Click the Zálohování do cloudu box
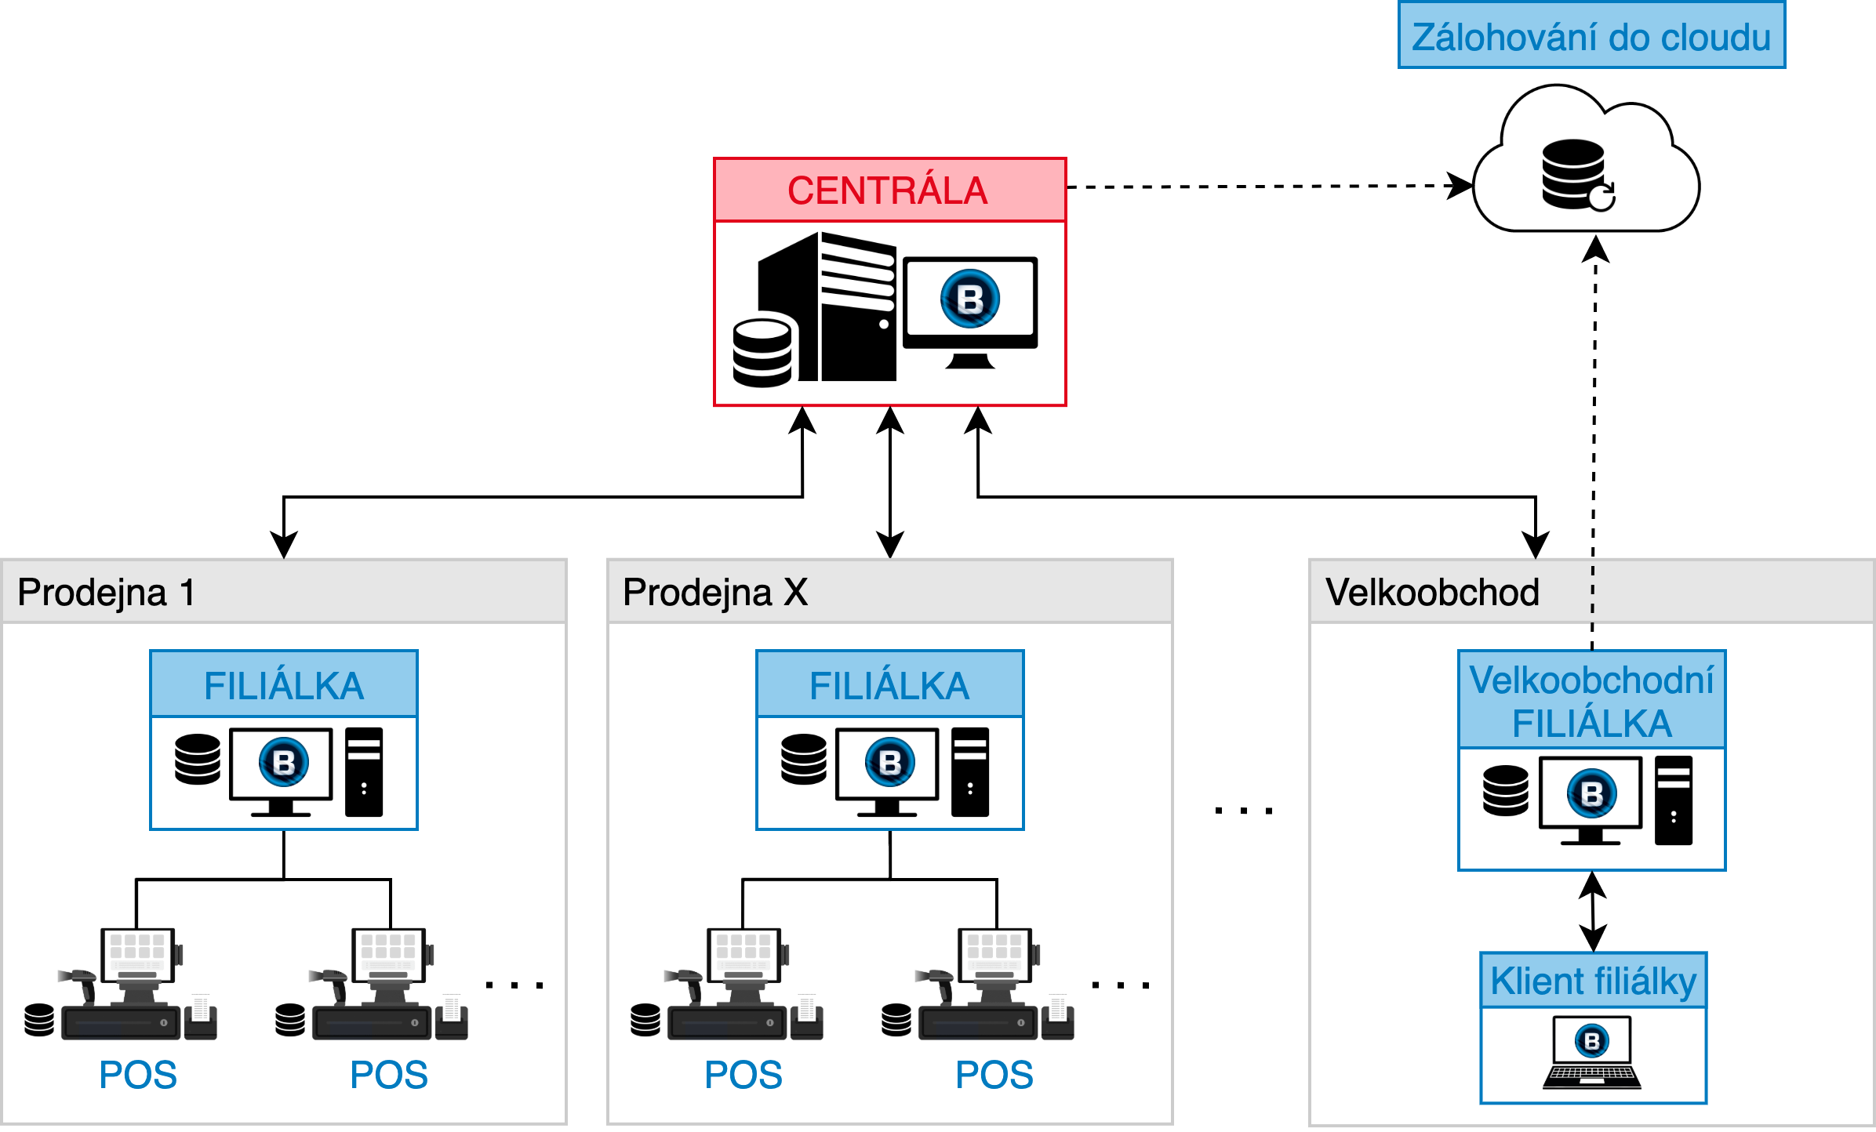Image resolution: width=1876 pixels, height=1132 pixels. click(1591, 36)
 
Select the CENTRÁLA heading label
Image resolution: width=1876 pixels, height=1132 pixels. click(888, 190)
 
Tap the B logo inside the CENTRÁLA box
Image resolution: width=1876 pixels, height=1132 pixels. click(970, 299)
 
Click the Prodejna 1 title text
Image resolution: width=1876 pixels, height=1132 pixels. click(106, 592)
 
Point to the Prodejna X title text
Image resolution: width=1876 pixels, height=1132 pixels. click(714, 592)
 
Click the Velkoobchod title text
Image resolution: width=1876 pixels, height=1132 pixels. click(1432, 592)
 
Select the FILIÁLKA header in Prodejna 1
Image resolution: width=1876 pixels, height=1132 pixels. click(284, 685)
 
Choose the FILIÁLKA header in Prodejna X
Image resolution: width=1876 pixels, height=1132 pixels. click(889, 685)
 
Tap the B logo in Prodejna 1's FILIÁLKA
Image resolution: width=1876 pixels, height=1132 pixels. click(284, 762)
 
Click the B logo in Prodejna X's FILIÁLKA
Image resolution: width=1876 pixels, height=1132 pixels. click(889, 762)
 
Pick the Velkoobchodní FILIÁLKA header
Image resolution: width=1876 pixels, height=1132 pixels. click(1591, 701)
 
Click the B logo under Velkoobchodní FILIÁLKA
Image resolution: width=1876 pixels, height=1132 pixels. click(1591, 793)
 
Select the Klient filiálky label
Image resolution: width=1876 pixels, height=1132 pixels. click(1593, 981)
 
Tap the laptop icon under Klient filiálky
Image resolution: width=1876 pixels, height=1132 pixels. click(1592, 1052)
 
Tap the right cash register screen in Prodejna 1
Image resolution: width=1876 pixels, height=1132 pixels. click(389, 954)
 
